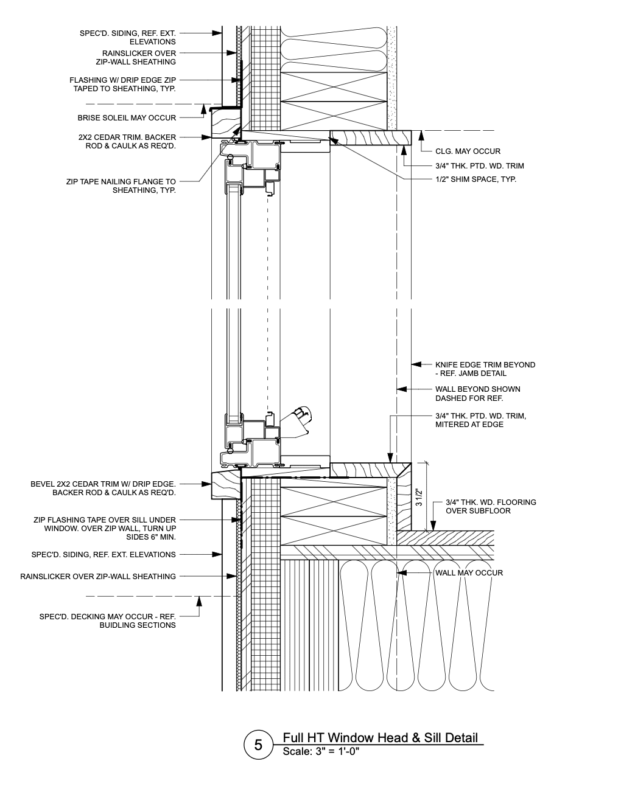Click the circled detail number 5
point(258,745)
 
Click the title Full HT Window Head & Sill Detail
point(380,737)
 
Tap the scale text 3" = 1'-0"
point(321,751)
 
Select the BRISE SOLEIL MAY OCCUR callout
point(127,118)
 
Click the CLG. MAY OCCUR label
point(468,151)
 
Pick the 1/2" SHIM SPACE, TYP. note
point(475,179)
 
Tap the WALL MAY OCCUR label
point(469,572)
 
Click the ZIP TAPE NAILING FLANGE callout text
point(121,186)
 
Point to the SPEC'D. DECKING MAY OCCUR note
point(107,620)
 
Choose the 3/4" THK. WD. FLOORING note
point(490,506)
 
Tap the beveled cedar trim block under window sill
point(225,485)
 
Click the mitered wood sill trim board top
point(369,469)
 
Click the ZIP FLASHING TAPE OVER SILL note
point(104,529)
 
